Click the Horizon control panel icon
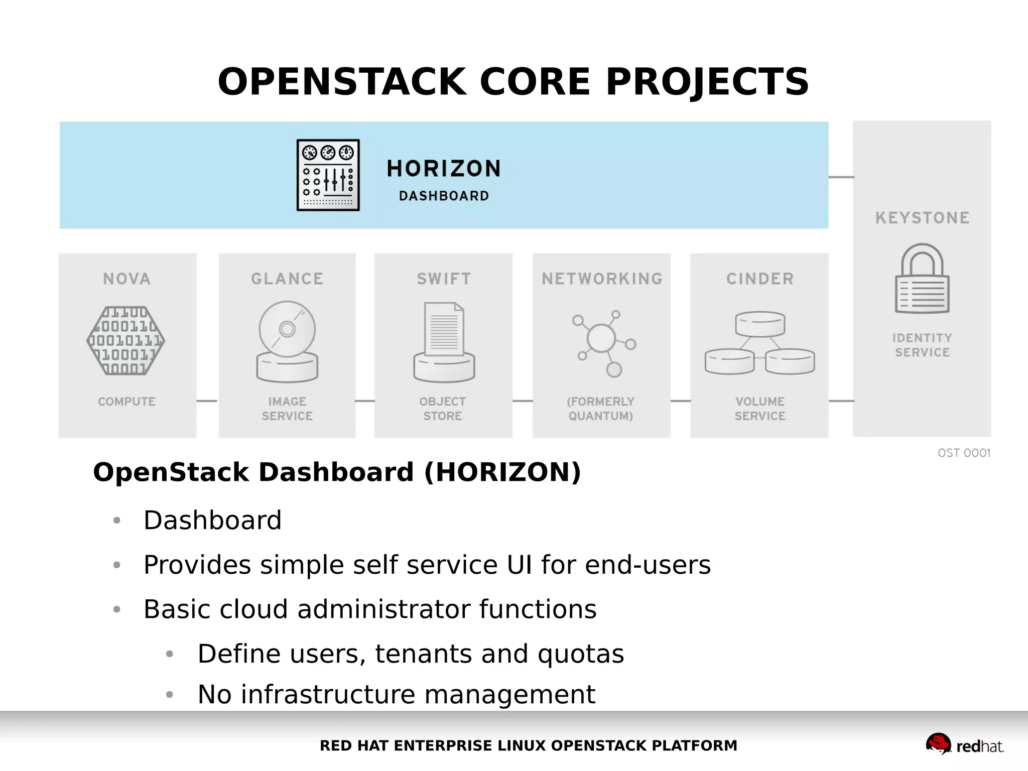coord(328,175)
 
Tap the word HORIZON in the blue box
coord(444,169)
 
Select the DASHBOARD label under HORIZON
coord(444,196)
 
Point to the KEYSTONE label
coord(922,218)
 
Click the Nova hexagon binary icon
coord(126,340)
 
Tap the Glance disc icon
coord(287,341)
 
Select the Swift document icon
coord(444,341)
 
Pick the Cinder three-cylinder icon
coord(759,343)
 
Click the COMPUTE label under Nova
coord(126,402)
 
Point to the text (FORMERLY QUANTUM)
coord(601,409)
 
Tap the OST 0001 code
coord(964,453)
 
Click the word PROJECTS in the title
coord(707,82)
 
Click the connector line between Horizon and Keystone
coord(841,177)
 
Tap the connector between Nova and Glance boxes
coord(207,401)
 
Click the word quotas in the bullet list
coord(581,654)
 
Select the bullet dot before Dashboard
coord(117,521)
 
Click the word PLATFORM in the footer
coord(694,745)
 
